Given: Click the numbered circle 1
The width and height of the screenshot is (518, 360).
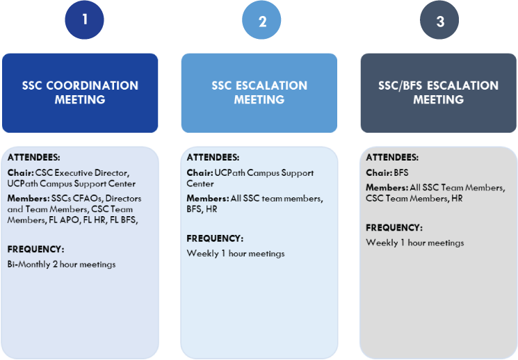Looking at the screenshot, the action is coord(84,20).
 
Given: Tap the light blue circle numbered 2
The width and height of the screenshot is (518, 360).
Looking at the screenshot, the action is coord(261,20).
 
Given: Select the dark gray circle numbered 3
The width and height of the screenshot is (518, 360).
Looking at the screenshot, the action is coord(439,20).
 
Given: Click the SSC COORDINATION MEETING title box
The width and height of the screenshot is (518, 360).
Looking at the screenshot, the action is coord(80,93).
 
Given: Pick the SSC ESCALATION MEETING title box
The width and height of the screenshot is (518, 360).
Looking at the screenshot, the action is coord(259,93).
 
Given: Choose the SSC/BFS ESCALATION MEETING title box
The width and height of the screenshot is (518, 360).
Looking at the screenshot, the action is coord(439,93).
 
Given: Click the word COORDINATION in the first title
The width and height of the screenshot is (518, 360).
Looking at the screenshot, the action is coord(92,85).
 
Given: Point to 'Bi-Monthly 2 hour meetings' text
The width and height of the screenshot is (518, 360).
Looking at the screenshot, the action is coord(61,264).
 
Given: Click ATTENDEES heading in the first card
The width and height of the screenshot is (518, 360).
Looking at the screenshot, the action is coord(33,158).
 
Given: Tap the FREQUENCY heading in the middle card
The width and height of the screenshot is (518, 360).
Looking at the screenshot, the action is coord(215,238).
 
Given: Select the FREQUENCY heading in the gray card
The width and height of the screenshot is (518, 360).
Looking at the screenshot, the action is coord(394,228).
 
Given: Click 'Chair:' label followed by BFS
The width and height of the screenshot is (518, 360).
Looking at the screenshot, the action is coord(379,173).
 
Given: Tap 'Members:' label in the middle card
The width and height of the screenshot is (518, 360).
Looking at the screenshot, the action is coord(208,199).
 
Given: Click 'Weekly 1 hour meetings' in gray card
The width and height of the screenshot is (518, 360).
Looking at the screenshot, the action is coord(415,243).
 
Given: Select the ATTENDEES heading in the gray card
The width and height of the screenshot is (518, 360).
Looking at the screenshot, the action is coord(392,158).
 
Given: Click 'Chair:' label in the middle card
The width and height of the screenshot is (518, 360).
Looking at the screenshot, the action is coord(200,173).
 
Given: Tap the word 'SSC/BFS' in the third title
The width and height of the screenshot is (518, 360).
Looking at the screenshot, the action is coord(400,85).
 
